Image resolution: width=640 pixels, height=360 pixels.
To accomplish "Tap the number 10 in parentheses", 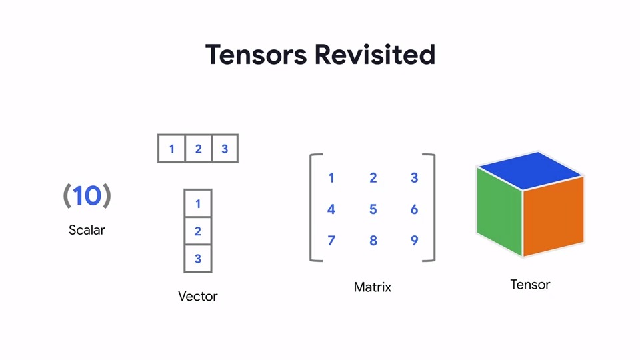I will pos(87,196).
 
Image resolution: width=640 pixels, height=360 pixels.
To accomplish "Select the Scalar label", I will pos(87,230).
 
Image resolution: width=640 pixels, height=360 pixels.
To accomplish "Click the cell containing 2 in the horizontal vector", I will pos(198,149).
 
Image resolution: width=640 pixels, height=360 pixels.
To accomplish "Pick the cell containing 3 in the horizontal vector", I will pos(225,149).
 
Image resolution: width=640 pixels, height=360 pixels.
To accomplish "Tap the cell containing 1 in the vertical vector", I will pos(198,203).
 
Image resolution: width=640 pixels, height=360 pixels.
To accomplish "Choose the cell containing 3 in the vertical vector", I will pos(198,259).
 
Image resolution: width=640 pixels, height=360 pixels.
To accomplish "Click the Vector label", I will pos(198,295).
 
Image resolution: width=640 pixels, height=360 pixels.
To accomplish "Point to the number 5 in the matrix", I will pos(373,209).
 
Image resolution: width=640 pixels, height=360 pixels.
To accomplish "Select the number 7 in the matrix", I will pos(331,240).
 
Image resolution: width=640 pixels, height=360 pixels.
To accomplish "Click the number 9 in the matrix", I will pos(414,240).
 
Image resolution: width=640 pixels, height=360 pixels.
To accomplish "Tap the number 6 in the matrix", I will pos(414,209).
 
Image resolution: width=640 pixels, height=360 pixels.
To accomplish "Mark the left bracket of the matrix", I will pos(312,207).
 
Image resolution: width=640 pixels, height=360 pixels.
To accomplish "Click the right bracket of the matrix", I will pos(433,207).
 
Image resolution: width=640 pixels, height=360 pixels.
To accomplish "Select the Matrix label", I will pos(373,287).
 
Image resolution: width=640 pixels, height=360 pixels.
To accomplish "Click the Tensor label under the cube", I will pos(530,285).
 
